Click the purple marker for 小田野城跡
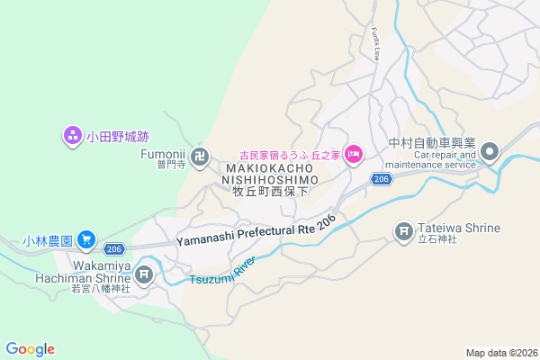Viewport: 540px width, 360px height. [72, 137]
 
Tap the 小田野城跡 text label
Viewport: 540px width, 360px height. [117, 138]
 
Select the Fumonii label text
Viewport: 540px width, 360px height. [162, 154]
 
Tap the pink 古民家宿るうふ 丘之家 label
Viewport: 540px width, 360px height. [289, 155]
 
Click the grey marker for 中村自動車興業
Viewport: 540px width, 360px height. [490, 150]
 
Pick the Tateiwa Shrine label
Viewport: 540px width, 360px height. [459, 228]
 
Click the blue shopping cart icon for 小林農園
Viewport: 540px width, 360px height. [85, 239]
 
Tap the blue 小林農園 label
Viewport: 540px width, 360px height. [47, 240]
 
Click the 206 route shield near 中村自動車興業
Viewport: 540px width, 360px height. [381, 180]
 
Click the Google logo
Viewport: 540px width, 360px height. [30, 349]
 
